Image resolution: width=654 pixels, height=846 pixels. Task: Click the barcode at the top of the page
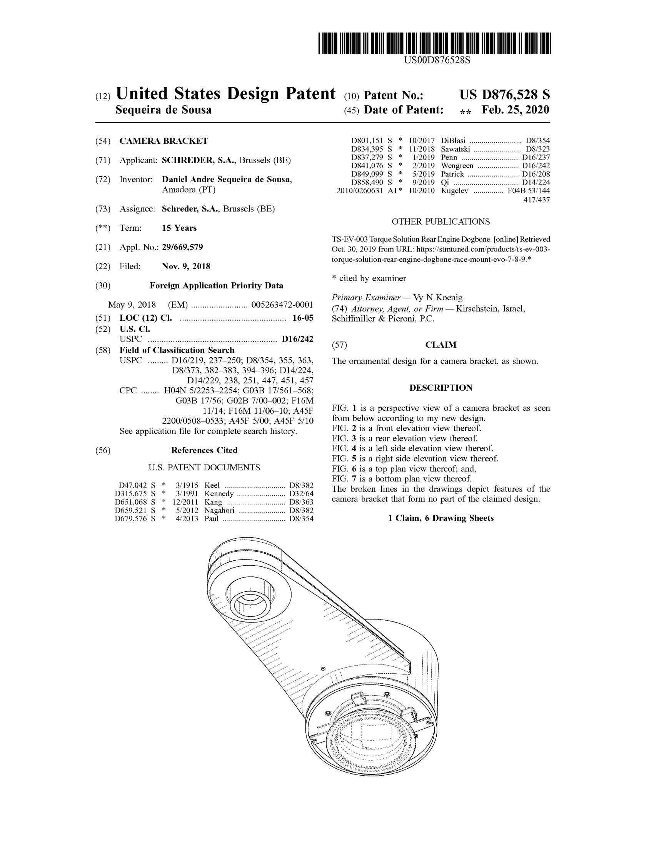pos(434,43)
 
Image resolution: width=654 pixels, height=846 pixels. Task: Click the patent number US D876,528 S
pos(504,95)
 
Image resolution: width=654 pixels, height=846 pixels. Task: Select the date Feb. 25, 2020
pos(515,110)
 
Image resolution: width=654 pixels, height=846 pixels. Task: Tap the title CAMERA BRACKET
pos(163,141)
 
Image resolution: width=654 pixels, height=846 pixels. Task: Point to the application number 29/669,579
pos(182,247)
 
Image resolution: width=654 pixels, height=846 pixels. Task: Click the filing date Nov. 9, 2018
pos(186,266)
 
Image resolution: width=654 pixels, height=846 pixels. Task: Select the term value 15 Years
pos(179,228)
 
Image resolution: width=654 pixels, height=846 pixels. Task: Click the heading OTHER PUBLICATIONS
pos(440,221)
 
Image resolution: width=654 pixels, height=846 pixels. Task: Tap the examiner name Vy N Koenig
pos(438,298)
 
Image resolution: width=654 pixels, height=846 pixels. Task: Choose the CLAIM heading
pos(440,345)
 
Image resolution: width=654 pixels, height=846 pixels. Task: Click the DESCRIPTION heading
pos(440,388)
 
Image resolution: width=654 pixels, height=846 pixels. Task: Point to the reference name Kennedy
pos(219,493)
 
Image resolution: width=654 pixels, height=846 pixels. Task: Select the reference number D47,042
pos(132,485)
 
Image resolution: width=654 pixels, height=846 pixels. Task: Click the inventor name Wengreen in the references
pos(457,166)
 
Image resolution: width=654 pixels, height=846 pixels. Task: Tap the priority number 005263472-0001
pos(282,305)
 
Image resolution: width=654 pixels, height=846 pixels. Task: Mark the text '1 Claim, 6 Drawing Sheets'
pos(440,518)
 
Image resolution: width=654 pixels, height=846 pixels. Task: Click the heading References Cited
pos(204,450)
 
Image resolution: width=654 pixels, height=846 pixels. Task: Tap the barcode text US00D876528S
pos(437,60)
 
